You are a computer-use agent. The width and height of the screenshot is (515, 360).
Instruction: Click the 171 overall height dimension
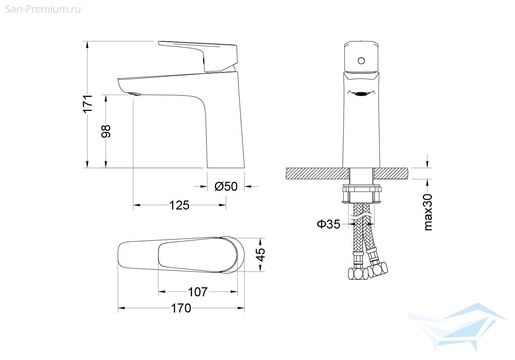coord(88,104)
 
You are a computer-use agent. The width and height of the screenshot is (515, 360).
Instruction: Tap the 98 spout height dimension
coord(106,131)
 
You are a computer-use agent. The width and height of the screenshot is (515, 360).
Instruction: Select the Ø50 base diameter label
coord(226,186)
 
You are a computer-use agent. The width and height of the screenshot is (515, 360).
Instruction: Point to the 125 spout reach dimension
coord(179,205)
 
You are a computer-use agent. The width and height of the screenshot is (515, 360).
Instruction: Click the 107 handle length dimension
coord(198,292)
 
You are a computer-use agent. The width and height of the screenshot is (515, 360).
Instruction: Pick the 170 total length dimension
coord(181,308)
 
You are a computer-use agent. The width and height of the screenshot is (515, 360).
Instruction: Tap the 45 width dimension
coord(260,255)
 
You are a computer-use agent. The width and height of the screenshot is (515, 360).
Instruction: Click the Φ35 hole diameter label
coord(328,224)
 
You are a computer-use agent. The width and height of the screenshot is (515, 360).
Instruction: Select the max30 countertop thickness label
coord(428,212)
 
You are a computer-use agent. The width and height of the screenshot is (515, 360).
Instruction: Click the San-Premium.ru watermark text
coord(43,9)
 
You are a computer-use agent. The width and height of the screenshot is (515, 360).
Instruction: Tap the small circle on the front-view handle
coord(361,61)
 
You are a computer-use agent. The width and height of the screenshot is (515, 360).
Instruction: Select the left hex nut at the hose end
coord(358,274)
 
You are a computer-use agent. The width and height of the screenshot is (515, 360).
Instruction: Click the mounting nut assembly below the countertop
coord(362,194)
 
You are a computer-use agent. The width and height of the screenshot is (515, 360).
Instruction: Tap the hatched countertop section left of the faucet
coord(318,174)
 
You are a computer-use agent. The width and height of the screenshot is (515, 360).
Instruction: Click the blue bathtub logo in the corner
coord(457,328)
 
